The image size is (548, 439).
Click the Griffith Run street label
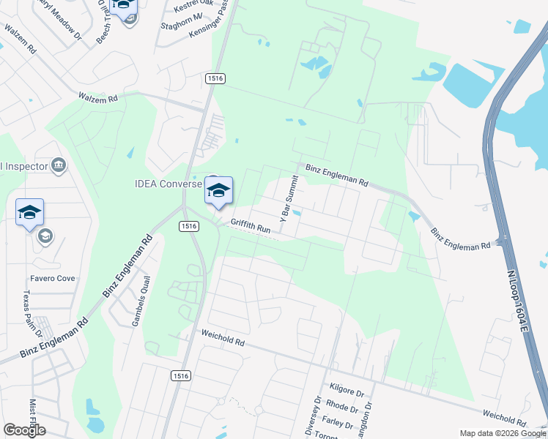click(251, 227)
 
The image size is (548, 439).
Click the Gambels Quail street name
click(141, 301)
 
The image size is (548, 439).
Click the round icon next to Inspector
click(59, 166)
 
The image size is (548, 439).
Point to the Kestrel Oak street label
click(193, 7)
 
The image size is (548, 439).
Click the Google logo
click(24, 430)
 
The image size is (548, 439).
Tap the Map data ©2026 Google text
click(502, 433)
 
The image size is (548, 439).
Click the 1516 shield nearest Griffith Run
click(189, 227)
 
